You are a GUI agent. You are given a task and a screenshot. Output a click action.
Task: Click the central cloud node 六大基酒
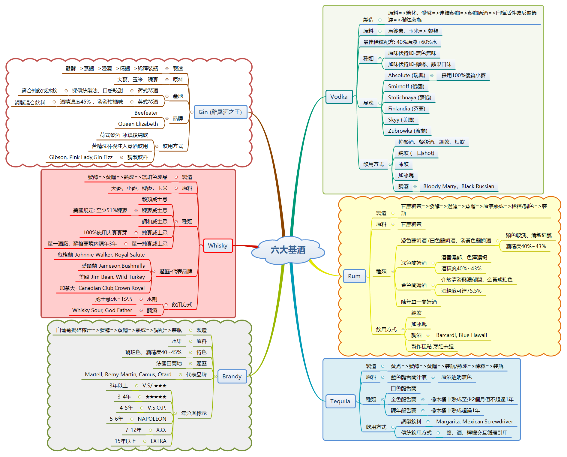[x=288, y=250]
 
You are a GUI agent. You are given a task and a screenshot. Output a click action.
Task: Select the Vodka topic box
[x=339, y=97]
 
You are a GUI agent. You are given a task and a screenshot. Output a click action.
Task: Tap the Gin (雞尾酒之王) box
[x=220, y=112]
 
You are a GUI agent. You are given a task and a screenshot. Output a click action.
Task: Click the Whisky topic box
[x=218, y=245]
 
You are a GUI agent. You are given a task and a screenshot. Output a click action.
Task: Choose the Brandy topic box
[x=232, y=376]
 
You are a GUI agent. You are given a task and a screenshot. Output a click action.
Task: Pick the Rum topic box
[x=354, y=276]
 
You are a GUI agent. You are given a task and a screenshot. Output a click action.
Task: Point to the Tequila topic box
[x=340, y=401]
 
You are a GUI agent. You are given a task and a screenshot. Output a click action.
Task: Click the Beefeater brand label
[x=146, y=113]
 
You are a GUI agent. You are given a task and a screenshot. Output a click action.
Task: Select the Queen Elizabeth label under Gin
[x=138, y=124]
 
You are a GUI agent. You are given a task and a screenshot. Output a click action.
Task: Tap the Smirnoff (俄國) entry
[x=406, y=86]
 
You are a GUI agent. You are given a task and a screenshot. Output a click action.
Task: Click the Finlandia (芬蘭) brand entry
[x=406, y=109]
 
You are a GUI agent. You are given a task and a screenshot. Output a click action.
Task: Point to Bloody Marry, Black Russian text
[x=458, y=186]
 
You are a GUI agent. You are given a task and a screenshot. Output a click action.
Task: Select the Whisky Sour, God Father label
[x=102, y=310]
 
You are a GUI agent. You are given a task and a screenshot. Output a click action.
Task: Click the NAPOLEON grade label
[x=152, y=419]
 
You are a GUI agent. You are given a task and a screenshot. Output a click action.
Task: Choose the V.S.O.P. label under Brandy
[x=157, y=408]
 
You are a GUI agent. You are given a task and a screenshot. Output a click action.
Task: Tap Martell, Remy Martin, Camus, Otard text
[x=128, y=374]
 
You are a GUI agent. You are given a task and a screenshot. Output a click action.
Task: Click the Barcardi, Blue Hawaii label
[x=461, y=335]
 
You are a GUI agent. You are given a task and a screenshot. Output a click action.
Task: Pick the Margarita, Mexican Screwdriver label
[x=474, y=422]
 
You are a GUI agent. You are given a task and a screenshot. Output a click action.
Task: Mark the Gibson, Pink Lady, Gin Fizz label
[x=81, y=157]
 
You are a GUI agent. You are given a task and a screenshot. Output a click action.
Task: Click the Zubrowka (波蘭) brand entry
[x=407, y=131]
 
